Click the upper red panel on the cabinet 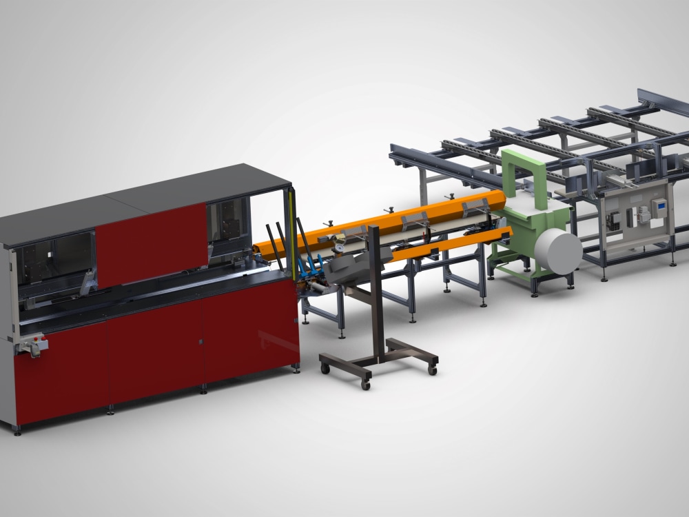152,245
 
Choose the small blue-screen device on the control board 659,205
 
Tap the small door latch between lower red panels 200,341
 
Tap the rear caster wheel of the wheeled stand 432,370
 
